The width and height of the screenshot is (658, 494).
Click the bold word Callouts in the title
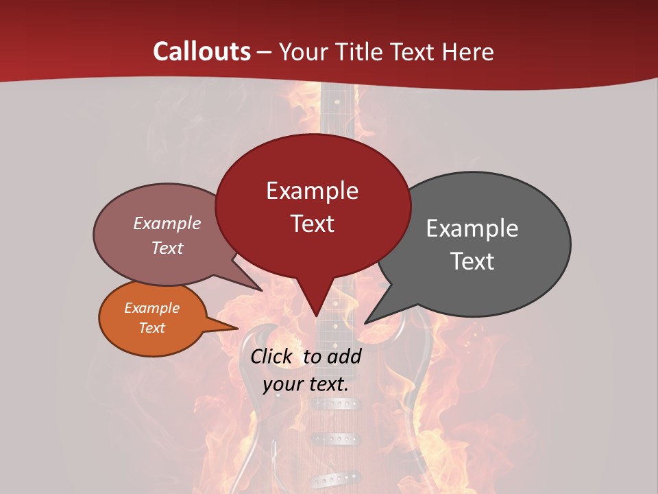tap(202, 51)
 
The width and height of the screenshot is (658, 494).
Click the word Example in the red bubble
tap(312, 191)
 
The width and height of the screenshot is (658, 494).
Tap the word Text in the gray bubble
tap(472, 261)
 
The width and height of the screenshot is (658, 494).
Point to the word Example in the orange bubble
tap(151, 308)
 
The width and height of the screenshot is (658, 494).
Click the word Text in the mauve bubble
tap(167, 248)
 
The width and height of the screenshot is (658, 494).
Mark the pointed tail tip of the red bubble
tap(316, 316)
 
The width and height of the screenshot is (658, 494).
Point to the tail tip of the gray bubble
tap(365, 322)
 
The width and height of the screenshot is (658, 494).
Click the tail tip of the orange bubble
tap(237, 328)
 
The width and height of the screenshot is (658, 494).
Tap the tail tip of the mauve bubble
tap(262, 291)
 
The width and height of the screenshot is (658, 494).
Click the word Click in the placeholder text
tap(272, 356)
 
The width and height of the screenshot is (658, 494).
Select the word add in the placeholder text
tap(343, 356)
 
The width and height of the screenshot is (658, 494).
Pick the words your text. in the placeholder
tap(305, 384)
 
